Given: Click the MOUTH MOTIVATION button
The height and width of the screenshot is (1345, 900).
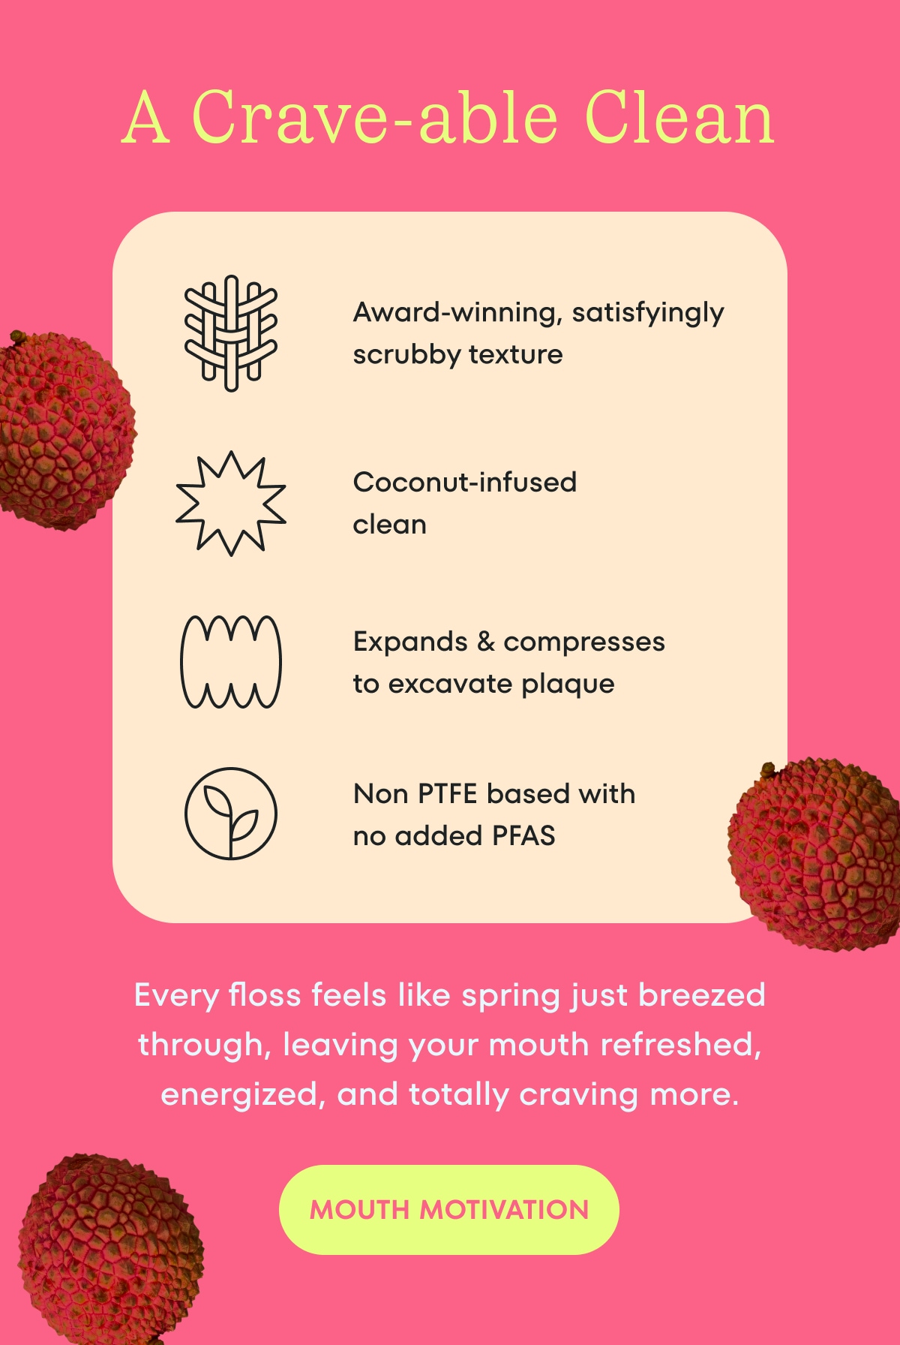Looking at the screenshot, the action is point(448,1209).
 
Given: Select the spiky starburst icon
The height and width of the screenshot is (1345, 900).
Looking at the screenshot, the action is point(231,503).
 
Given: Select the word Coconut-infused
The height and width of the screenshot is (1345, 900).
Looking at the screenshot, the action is point(465,482).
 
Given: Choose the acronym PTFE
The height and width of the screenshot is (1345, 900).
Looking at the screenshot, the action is point(447,793).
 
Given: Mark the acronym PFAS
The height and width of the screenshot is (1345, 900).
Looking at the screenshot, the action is point(523,835).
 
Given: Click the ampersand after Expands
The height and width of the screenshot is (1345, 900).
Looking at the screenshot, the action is point(486,642).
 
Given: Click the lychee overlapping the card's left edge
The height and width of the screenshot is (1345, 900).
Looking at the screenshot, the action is point(66,431).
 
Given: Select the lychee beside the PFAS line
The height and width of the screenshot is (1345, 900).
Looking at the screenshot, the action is point(814,854).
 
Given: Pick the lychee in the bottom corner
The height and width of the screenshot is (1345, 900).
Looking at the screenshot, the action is point(110,1247).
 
